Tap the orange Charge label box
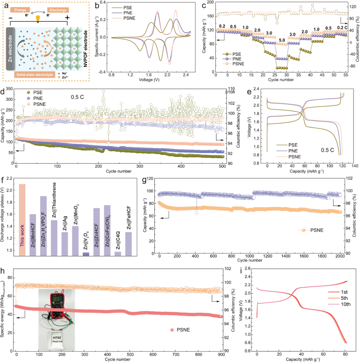[x=20, y=10]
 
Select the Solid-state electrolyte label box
[x=35, y=75]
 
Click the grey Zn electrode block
[x=10, y=48]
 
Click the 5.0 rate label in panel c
[x=282, y=40]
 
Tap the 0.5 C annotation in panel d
[x=77, y=97]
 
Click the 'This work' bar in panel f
[x=22, y=220]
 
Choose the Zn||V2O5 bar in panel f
[x=86, y=254]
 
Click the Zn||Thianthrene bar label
[x=54, y=200]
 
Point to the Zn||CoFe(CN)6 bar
[x=107, y=231]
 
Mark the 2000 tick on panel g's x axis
[x=340, y=256]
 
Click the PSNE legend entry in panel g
[x=311, y=230]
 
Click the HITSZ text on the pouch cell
[x=57, y=338]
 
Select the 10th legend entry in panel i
[x=339, y=304]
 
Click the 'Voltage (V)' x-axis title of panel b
[x=149, y=80]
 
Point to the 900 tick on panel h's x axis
[x=221, y=354]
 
